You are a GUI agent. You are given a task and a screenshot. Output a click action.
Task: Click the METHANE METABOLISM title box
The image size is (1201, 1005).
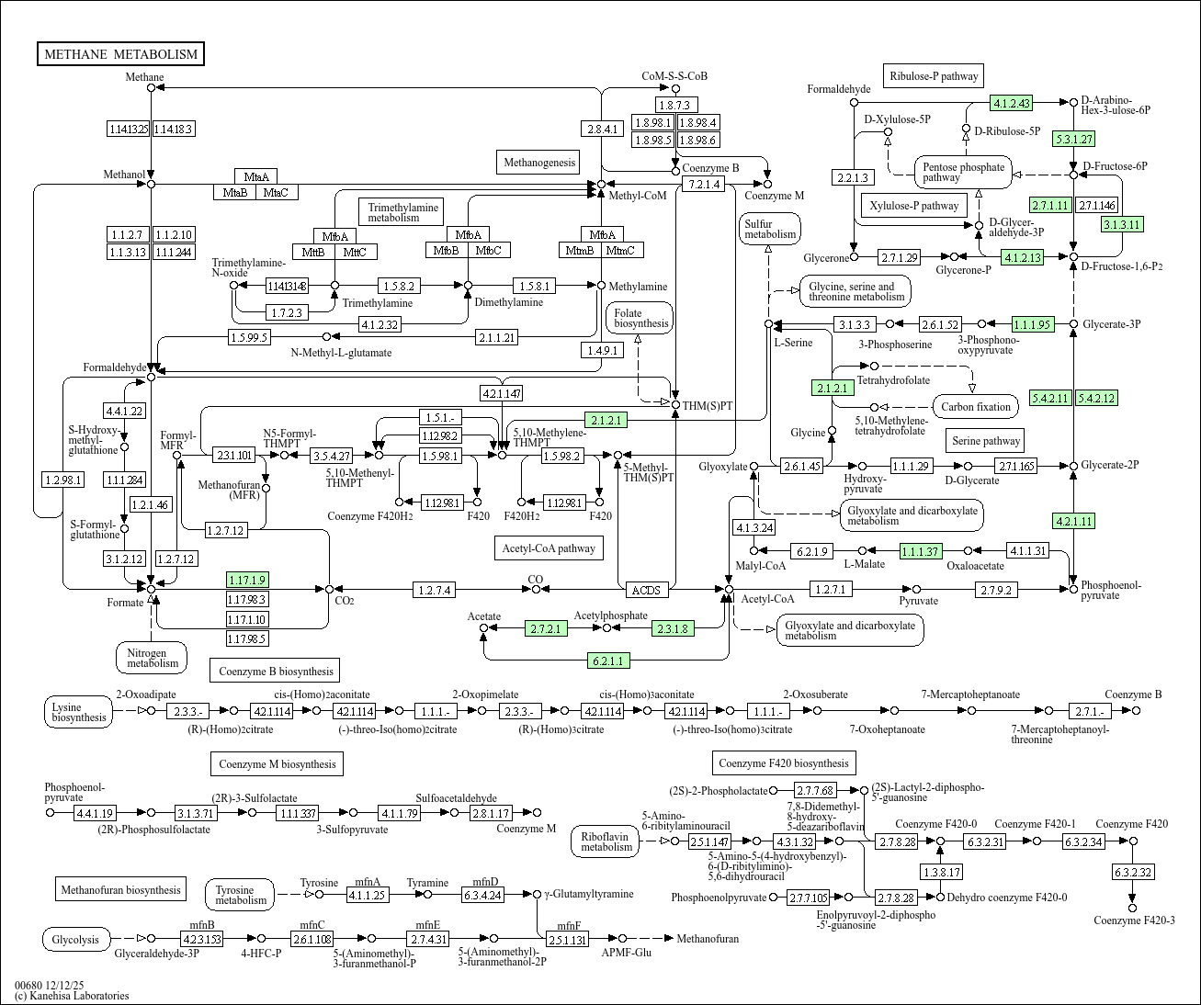point(120,54)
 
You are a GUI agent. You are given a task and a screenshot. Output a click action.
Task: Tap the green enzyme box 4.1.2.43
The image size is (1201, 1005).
point(1011,103)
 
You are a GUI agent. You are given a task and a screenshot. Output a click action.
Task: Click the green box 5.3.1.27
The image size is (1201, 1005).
point(1074,140)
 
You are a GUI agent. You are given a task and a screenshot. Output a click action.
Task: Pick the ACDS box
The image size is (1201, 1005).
point(646,590)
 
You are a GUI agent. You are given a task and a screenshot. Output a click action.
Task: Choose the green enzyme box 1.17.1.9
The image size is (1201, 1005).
point(247,580)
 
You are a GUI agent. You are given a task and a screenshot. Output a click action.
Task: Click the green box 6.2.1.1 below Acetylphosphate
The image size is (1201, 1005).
point(608,661)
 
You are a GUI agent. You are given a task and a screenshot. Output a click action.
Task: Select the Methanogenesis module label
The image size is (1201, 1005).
point(538,163)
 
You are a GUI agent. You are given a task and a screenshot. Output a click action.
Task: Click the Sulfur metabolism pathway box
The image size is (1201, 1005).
point(770,229)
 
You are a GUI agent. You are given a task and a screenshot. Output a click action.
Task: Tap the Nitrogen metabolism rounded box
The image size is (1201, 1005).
point(152,657)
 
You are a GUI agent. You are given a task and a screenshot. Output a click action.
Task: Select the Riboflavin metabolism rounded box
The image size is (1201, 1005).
point(606,841)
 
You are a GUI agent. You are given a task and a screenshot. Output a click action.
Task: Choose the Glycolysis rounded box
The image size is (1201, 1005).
point(76,939)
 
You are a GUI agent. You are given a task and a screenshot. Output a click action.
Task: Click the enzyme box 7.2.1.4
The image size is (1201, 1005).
point(703,185)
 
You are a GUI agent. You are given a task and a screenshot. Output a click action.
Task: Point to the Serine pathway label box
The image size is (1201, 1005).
point(986,441)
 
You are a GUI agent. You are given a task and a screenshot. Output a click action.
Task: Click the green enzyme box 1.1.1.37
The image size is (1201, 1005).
point(920,551)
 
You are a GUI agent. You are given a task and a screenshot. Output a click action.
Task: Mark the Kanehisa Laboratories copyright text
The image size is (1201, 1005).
point(72,996)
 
